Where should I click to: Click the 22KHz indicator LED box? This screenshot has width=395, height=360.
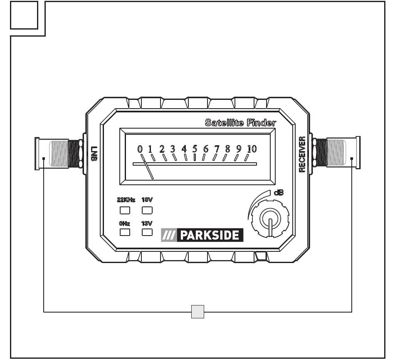pos(125,210)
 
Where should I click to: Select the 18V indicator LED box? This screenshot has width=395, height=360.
pos(147,210)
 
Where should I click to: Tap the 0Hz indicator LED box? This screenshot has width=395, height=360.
pos(125,232)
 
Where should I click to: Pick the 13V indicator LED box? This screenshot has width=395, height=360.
pos(147,232)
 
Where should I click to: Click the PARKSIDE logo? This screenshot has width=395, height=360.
pos(202,235)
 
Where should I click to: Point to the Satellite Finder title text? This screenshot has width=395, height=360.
pos(240,123)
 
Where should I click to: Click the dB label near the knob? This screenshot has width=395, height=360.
pos(279,193)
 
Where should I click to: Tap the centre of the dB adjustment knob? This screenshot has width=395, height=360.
pos(270,218)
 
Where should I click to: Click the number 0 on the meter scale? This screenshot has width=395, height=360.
pos(140,149)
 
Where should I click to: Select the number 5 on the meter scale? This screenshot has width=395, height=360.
pos(195,149)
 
